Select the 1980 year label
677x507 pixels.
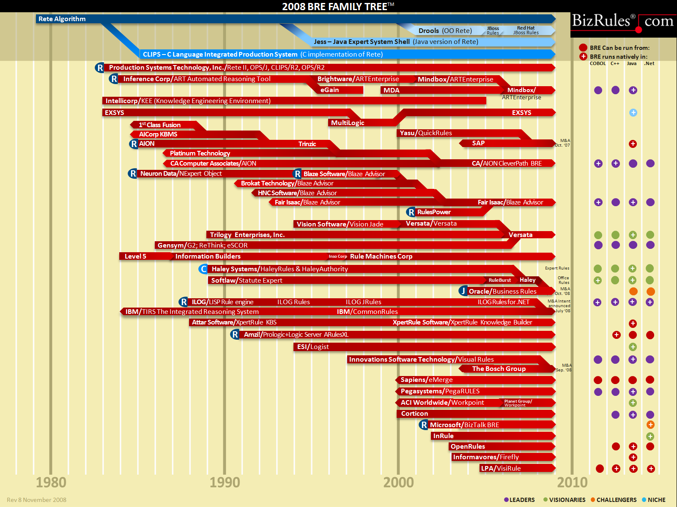(x=51, y=482)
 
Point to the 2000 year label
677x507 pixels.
(x=398, y=482)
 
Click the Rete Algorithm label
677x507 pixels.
(x=62, y=19)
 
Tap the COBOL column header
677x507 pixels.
(x=598, y=64)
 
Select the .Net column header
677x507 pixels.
(x=649, y=64)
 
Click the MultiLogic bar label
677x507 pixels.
(x=348, y=123)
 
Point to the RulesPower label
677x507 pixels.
(x=434, y=212)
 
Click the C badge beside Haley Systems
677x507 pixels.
(x=204, y=269)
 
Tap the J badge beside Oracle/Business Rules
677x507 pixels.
(x=463, y=291)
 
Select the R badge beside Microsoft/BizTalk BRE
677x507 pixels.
(x=424, y=425)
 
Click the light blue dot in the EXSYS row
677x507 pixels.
(x=633, y=113)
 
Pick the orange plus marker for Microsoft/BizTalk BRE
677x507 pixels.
(x=650, y=425)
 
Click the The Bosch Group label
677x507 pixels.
(x=499, y=369)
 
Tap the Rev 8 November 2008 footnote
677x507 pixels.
(x=36, y=500)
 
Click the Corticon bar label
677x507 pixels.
(x=414, y=414)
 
